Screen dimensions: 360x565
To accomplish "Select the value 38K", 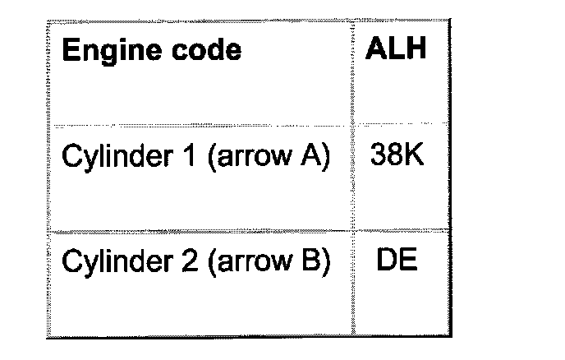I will [397, 155].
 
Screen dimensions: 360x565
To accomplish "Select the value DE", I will [397, 261].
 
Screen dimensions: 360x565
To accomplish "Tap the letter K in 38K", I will [415, 155].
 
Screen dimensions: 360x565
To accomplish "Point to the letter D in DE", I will [387, 261].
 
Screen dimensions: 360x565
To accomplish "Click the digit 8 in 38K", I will [395, 155].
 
